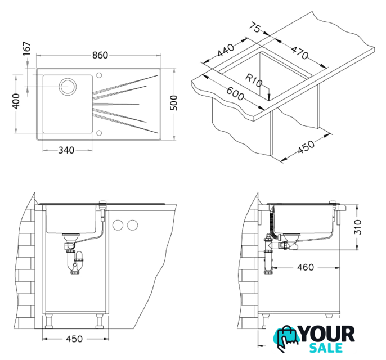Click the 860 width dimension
(x=100, y=55)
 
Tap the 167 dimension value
(x=26, y=48)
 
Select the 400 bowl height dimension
(x=16, y=101)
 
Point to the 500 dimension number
(x=174, y=102)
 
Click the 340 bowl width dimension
(x=66, y=150)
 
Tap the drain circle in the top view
(x=68, y=87)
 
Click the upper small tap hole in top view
(x=99, y=75)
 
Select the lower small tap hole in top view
(x=99, y=133)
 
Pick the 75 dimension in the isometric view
(x=255, y=27)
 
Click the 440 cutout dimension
(x=226, y=50)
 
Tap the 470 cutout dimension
(x=300, y=52)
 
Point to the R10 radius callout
(x=254, y=80)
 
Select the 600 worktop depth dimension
(x=235, y=93)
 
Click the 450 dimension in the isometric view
(x=306, y=147)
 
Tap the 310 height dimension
(x=358, y=227)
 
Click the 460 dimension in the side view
(x=306, y=267)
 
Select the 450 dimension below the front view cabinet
(x=74, y=339)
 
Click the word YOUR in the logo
(x=327, y=334)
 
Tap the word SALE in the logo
(x=326, y=348)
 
